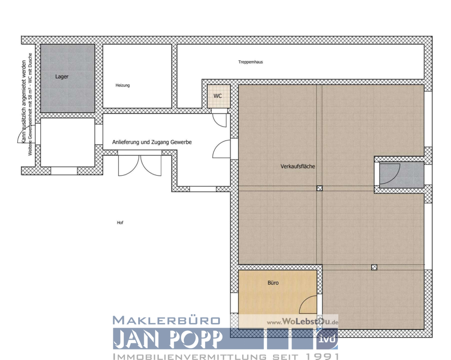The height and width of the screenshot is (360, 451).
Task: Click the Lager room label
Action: pyautogui.click(x=62, y=77)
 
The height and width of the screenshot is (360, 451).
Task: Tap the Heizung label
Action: pyautogui.click(x=123, y=85)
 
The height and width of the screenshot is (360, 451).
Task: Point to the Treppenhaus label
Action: pyautogui.click(x=251, y=62)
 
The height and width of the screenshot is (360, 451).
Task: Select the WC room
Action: pyautogui.click(x=218, y=96)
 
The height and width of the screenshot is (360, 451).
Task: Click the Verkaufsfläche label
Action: pyautogui.click(x=298, y=166)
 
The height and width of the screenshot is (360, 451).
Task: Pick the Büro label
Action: pyautogui.click(x=273, y=283)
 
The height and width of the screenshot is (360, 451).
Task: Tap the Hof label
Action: pyautogui.click(x=120, y=223)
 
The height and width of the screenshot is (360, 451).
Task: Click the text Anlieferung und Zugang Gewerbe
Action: pyautogui.click(x=152, y=142)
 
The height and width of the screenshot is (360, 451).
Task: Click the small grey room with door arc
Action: pyautogui.click(x=401, y=175)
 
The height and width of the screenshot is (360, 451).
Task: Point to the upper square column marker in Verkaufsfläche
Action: pyautogui.click(x=320, y=188)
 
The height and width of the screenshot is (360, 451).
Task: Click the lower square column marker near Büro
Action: pyautogui.click(x=374, y=267)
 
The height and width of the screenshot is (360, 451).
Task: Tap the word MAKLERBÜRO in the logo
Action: pyautogui.click(x=166, y=321)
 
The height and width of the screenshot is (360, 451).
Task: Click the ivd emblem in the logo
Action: pyautogui.click(x=327, y=339)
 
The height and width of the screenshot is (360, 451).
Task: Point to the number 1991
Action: pyautogui.click(x=322, y=357)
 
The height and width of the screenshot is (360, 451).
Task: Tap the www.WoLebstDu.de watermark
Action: pyautogui.click(x=302, y=322)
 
